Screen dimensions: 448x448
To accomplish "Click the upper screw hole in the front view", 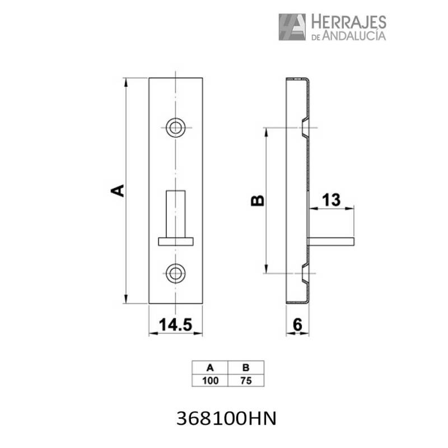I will tap(176, 127).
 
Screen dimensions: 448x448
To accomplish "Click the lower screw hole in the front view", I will tap(176, 273).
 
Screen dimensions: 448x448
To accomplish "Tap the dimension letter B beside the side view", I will tap(256, 200).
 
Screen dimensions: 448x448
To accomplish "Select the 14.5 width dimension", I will tap(175, 324).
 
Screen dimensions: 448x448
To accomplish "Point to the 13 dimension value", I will tap(332, 200).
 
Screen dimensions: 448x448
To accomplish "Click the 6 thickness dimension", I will tap(297, 324).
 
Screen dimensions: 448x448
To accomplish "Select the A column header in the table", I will tap(210, 368).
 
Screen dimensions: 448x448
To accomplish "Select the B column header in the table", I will tap(245, 368).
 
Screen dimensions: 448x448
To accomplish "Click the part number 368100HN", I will tap(226, 418).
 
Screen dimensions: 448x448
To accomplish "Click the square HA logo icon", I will tap(292, 27).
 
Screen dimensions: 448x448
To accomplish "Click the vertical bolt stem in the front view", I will tap(176, 213).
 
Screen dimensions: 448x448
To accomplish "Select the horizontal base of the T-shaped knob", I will tap(176, 241).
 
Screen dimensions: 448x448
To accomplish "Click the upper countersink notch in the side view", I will tap(304, 128).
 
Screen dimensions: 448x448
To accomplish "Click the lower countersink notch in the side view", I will tap(304, 273).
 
